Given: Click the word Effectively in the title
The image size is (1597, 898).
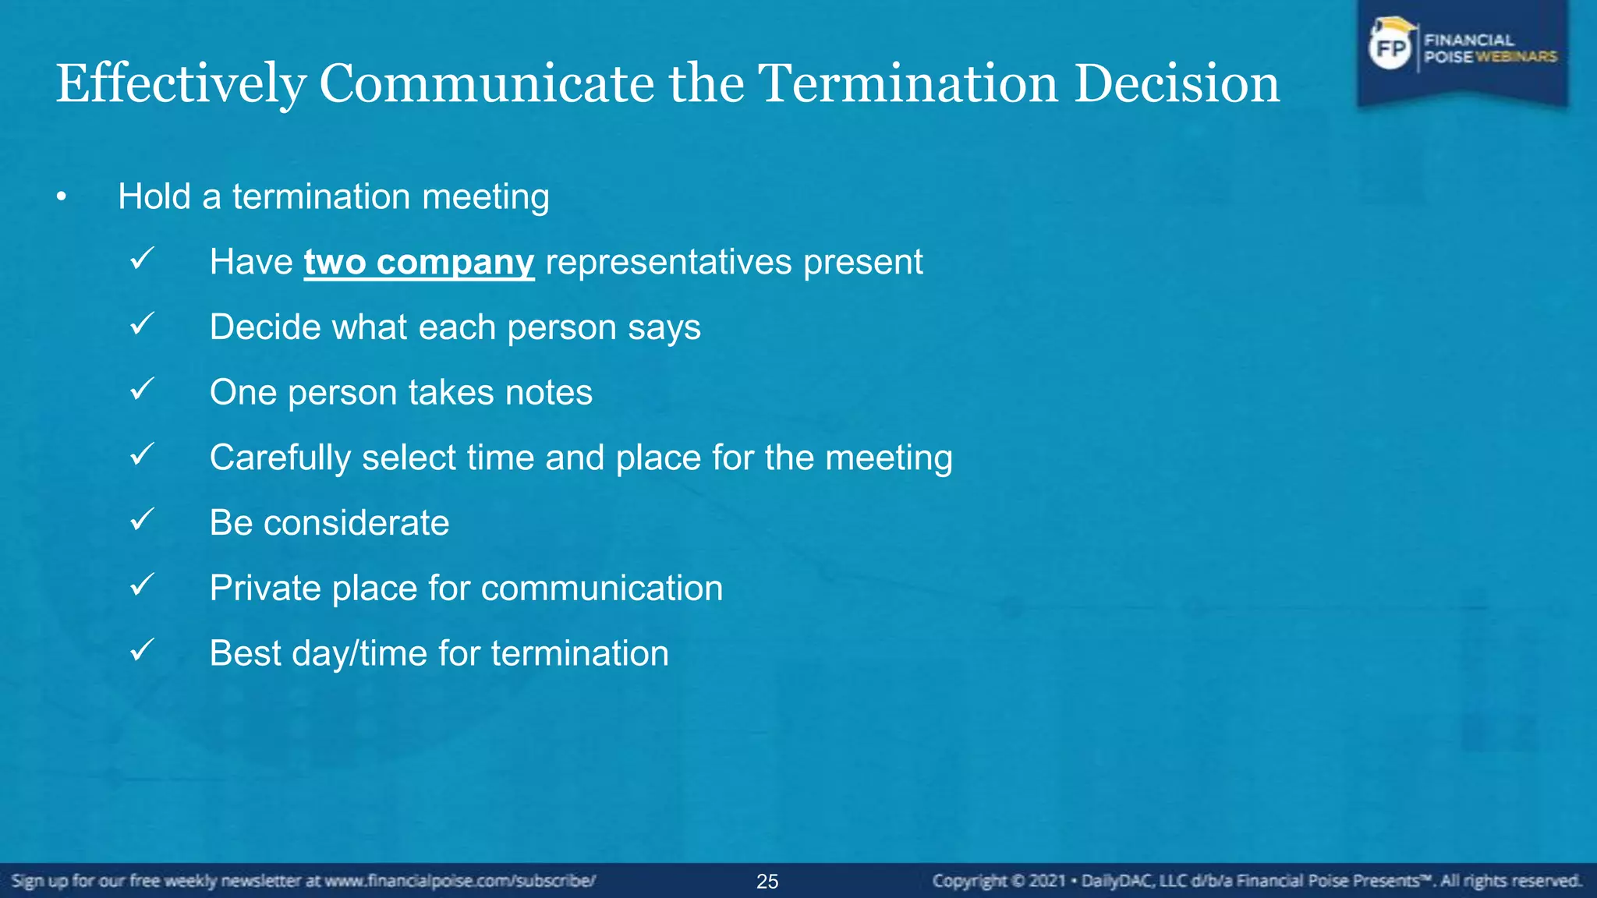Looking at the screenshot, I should (x=181, y=84).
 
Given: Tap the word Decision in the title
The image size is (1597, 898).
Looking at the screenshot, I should (x=1177, y=84).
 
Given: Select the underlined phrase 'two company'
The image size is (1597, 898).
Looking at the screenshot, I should (x=419, y=262).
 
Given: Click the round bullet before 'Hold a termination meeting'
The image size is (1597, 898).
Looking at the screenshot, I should (x=62, y=198).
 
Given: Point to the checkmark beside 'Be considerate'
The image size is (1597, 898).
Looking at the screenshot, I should (x=142, y=519).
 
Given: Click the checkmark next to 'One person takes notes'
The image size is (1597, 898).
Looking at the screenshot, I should (x=142, y=388).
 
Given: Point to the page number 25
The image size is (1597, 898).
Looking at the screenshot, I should (x=767, y=882).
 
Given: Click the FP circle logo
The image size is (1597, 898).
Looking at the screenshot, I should (x=1390, y=48).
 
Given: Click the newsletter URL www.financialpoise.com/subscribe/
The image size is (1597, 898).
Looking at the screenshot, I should (x=460, y=882).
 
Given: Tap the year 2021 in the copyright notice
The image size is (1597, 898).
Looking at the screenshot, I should (x=1046, y=882).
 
